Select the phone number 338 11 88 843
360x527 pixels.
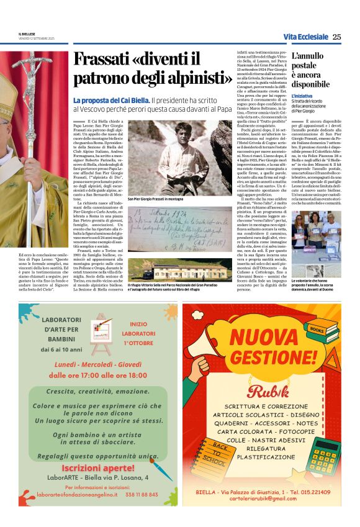coord(141,495)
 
